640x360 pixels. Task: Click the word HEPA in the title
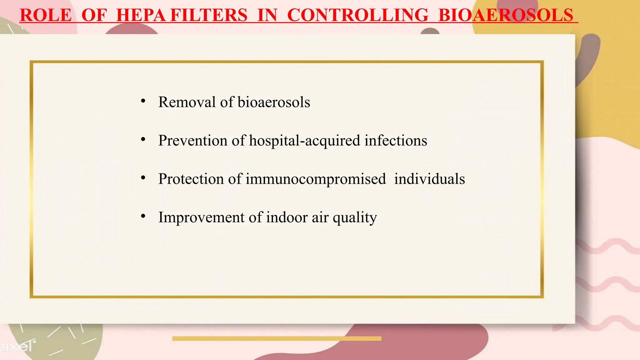tap(141, 15)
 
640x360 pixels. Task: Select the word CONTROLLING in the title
tap(357, 15)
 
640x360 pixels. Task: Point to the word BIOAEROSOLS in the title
tap(506, 15)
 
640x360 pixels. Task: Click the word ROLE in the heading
tap(46, 15)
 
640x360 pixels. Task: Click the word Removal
tap(187, 102)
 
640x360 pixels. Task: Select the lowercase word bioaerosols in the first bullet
tap(274, 102)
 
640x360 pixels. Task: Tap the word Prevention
tap(193, 141)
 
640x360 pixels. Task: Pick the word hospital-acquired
tap(304, 141)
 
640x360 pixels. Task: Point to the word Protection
tap(191, 179)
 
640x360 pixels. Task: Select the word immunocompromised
tap(316, 179)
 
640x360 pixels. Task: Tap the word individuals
tap(429, 179)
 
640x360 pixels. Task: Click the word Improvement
tap(201, 217)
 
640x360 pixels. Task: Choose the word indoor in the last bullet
tap(287, 217)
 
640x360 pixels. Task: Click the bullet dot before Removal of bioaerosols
tap(143, 101)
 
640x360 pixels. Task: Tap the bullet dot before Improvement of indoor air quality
tap(143, 216)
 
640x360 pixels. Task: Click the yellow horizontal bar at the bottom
tap(277, 338)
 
